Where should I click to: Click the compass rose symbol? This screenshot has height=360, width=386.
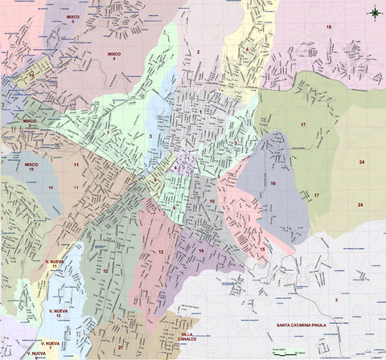pos(375,11)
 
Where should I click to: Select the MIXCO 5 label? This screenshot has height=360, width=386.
pos(72,18)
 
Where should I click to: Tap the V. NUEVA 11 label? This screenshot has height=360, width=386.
pos(55,264)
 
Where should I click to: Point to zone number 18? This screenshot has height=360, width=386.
pos(328,27)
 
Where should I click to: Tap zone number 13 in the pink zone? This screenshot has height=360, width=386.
pos(161,252)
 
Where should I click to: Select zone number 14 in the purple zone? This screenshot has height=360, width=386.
pos(201,251)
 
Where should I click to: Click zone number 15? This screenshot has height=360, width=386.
pos(262,250)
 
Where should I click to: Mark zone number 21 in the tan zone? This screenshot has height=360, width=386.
pos(120,348)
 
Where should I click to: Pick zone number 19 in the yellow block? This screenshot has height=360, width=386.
pos(31,76)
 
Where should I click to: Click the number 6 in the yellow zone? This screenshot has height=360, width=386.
pos(246,50)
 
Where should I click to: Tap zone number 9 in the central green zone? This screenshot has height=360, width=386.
pos(173,207)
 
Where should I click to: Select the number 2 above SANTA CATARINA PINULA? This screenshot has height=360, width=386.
pos(336,299)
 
